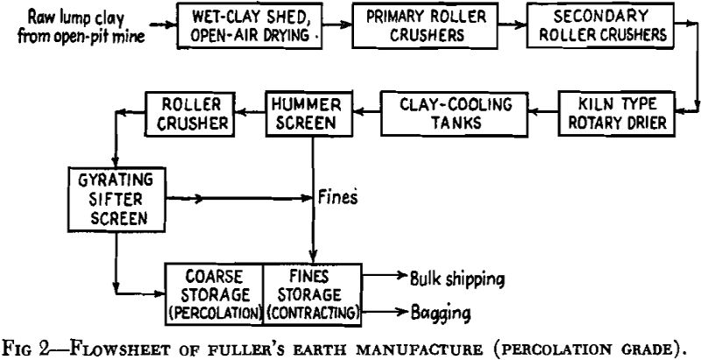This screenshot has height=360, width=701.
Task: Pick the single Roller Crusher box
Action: click(x=191, y=111)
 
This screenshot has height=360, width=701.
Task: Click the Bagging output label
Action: click(x=438, y=311)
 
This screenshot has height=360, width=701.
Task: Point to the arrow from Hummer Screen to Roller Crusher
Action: click(x=251, y=111)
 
